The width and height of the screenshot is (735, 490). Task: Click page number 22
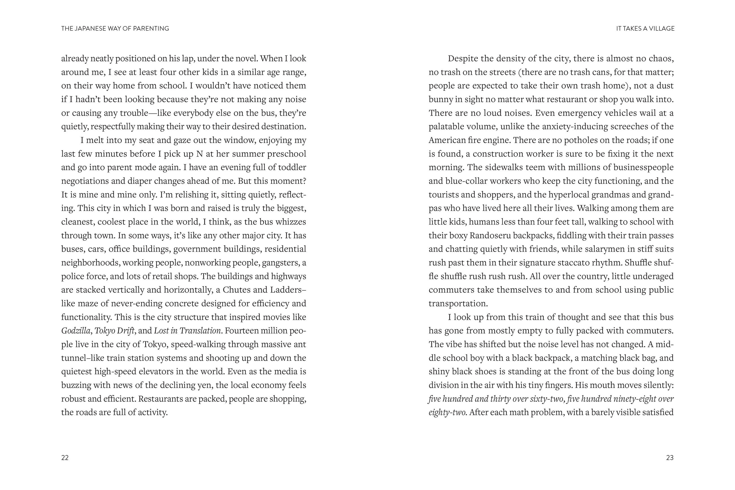pyautogui.click(x=65, y=457)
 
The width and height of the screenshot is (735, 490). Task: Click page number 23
pyautogui.click(x=670, y=457)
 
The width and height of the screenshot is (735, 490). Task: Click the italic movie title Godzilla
pyautogui.click(x=75, y=331)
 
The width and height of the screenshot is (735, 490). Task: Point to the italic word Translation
pyautogui.click(x=200, y=331)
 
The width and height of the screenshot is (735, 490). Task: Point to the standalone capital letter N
pyautogui.click(x=199, y=154)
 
